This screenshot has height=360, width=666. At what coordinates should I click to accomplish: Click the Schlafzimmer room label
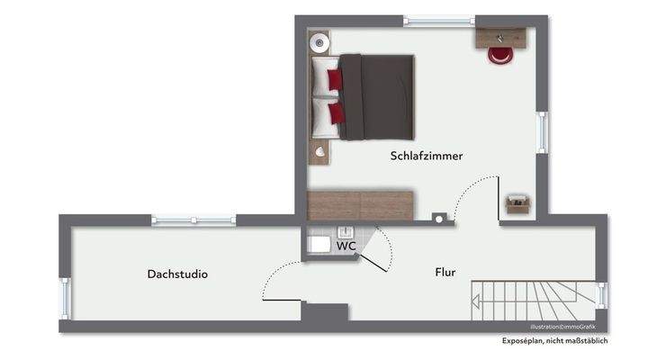pos(427,156)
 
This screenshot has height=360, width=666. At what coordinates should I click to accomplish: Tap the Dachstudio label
pos(177,274)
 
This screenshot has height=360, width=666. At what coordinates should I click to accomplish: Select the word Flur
pos(445,271)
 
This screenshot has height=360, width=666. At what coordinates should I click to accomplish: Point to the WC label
pos(346,245)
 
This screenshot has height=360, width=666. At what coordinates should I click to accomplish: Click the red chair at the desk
pos(500,54)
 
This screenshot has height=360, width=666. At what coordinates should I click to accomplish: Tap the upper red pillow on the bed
pos(335,80)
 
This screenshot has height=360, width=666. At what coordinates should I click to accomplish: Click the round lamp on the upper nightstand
pos(318,41)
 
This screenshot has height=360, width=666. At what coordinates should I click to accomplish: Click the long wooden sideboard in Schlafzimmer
pos(360,204)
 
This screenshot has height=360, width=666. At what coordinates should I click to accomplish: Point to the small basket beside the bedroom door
pos(518,204)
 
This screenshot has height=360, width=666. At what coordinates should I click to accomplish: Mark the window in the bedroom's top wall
pos(438,20)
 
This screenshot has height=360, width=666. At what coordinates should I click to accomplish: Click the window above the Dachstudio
pos(193,220)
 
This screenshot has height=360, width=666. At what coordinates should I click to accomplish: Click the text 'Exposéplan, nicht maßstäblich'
pos(555,341)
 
